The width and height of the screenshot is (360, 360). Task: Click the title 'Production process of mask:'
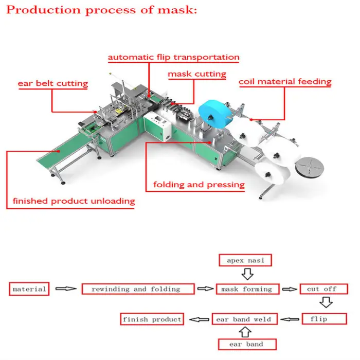point(101,10)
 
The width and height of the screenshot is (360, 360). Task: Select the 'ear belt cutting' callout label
point(53,83)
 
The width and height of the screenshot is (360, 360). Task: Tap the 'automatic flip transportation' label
point(173,57)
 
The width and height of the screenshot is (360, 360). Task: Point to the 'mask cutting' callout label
point(197,74)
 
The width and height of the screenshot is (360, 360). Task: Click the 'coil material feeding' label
point(284,82)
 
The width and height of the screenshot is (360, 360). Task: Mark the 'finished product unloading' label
point(74,201)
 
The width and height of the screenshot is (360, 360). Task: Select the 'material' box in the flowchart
point(29,289)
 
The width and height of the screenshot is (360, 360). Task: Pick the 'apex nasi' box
point(246,260)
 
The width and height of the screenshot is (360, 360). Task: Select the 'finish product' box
point(152,319)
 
